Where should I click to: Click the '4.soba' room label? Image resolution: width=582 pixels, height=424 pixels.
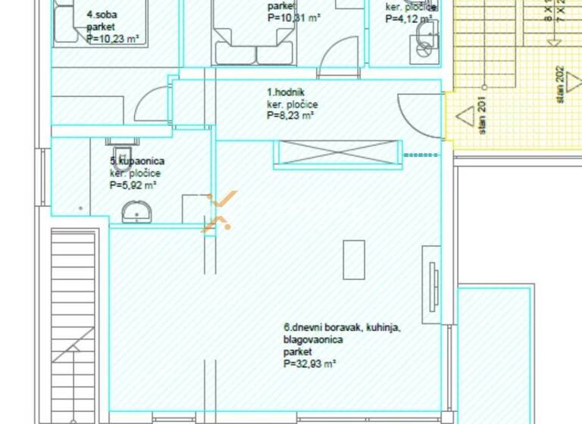pyautogui.click(x=101, y=14)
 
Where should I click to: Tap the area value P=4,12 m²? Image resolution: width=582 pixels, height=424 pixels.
pyautogui.click(x=409, y=19)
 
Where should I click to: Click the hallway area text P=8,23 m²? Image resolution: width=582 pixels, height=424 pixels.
pyautogui.click(x=290, y=116)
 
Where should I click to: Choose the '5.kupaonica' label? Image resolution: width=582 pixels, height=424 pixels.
pyautogui.click(x=137, y=161)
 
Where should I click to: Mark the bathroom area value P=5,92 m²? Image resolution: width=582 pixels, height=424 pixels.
pyautogui.click(x=133, y=184)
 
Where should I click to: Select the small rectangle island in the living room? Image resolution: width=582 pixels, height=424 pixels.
pyautogui.click(x=354, y=260)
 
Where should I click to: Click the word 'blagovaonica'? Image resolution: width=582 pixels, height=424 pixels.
pyautogui.click(x=313, y=340)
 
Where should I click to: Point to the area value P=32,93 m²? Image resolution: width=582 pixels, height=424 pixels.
pyautogui.click(x=309, y=363)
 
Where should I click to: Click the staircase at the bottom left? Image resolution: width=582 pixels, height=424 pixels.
pyautogui.click(x=74, y=326)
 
